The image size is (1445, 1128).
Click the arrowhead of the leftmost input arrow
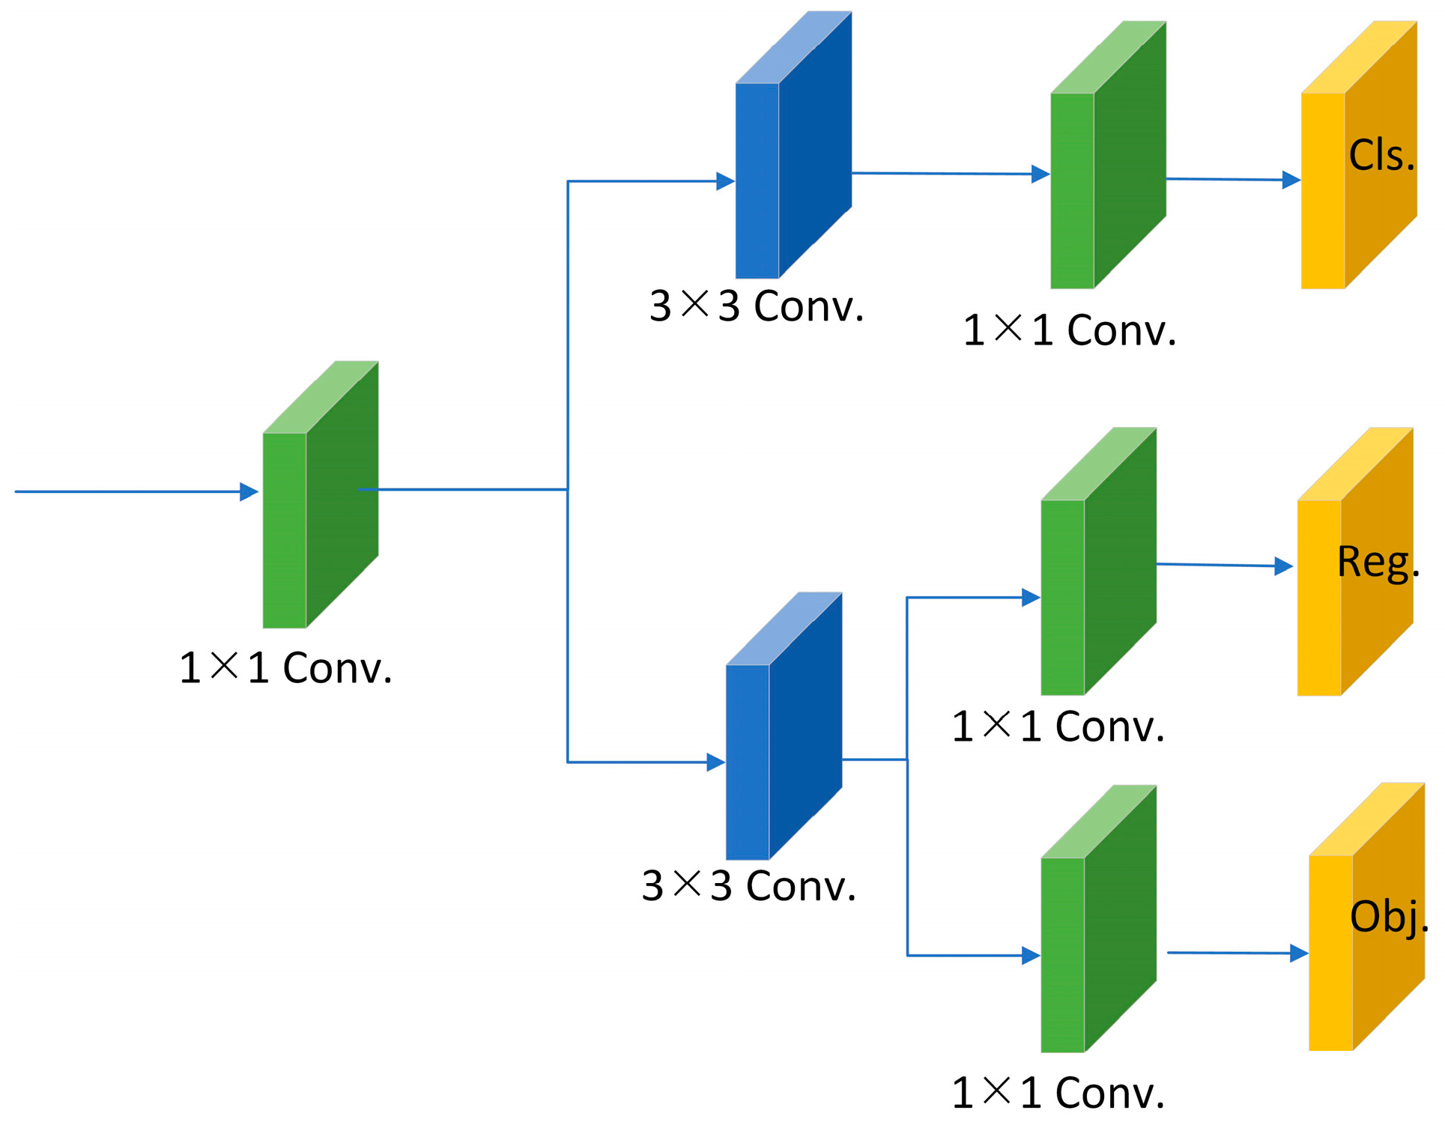coord(249,492)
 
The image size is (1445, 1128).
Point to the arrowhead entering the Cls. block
coord(1290,180)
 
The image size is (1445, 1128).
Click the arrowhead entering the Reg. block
coord(1283,566)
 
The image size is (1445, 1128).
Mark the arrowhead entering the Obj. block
coord(1298,953)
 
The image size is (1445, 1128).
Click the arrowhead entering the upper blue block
coord(724,181)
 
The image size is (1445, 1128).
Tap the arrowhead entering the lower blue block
coord(715,762)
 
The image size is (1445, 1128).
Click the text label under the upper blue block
coord(757,307)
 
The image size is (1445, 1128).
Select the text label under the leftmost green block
coord(285,668)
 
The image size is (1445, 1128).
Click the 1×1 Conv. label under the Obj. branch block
coord(1058,1094)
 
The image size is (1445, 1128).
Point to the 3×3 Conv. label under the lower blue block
coord(748,887)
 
